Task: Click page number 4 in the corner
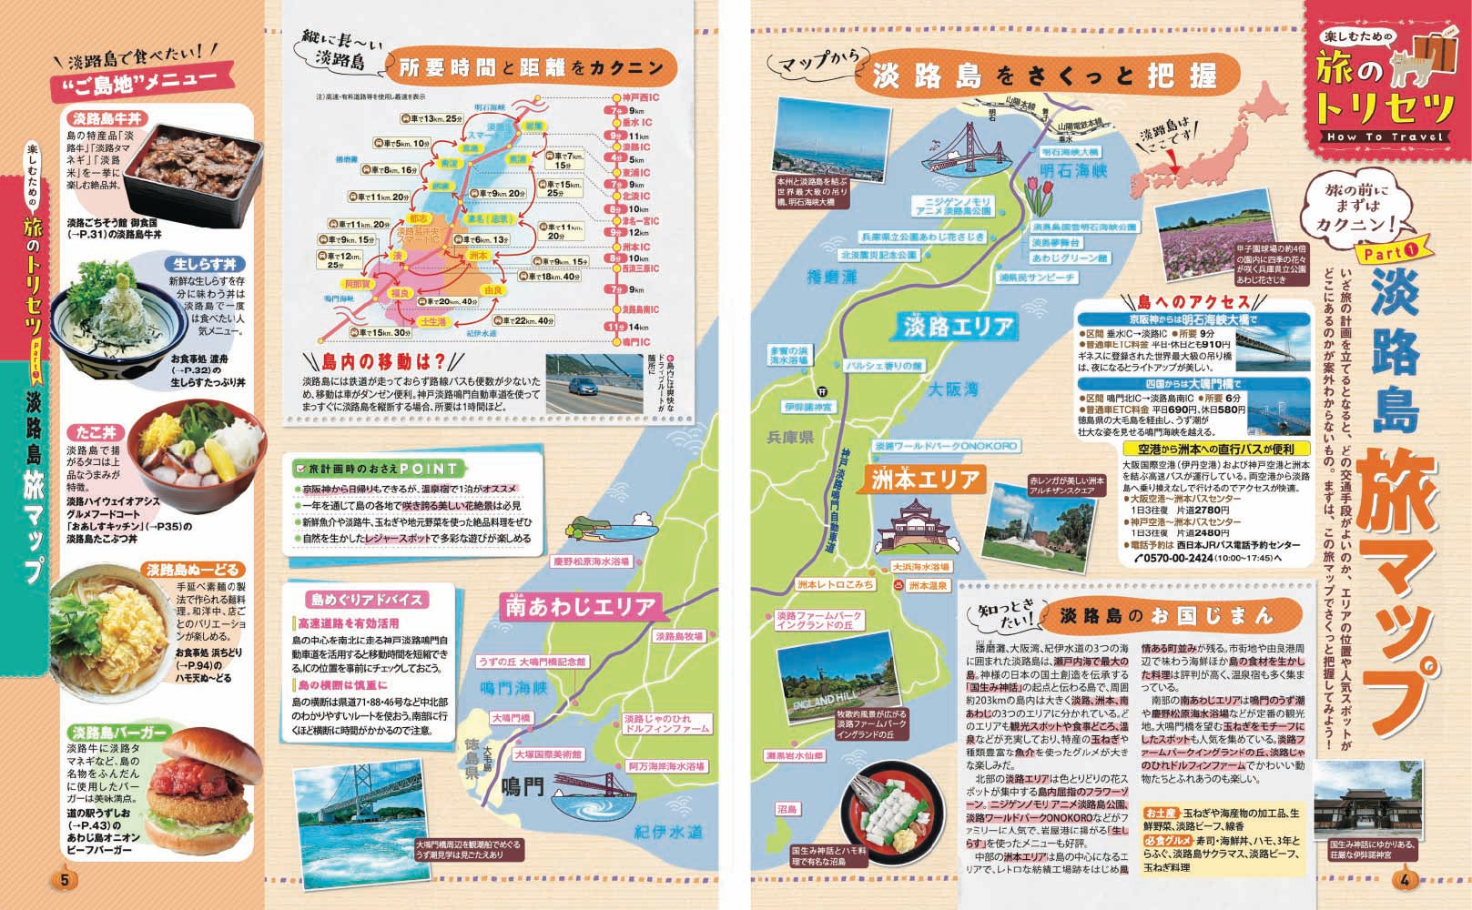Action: point(1406,880)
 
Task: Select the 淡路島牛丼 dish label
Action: point(102,119)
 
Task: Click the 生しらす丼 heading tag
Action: point(206,263)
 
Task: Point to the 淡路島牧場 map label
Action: point(679,636)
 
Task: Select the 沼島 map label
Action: point(788,809)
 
